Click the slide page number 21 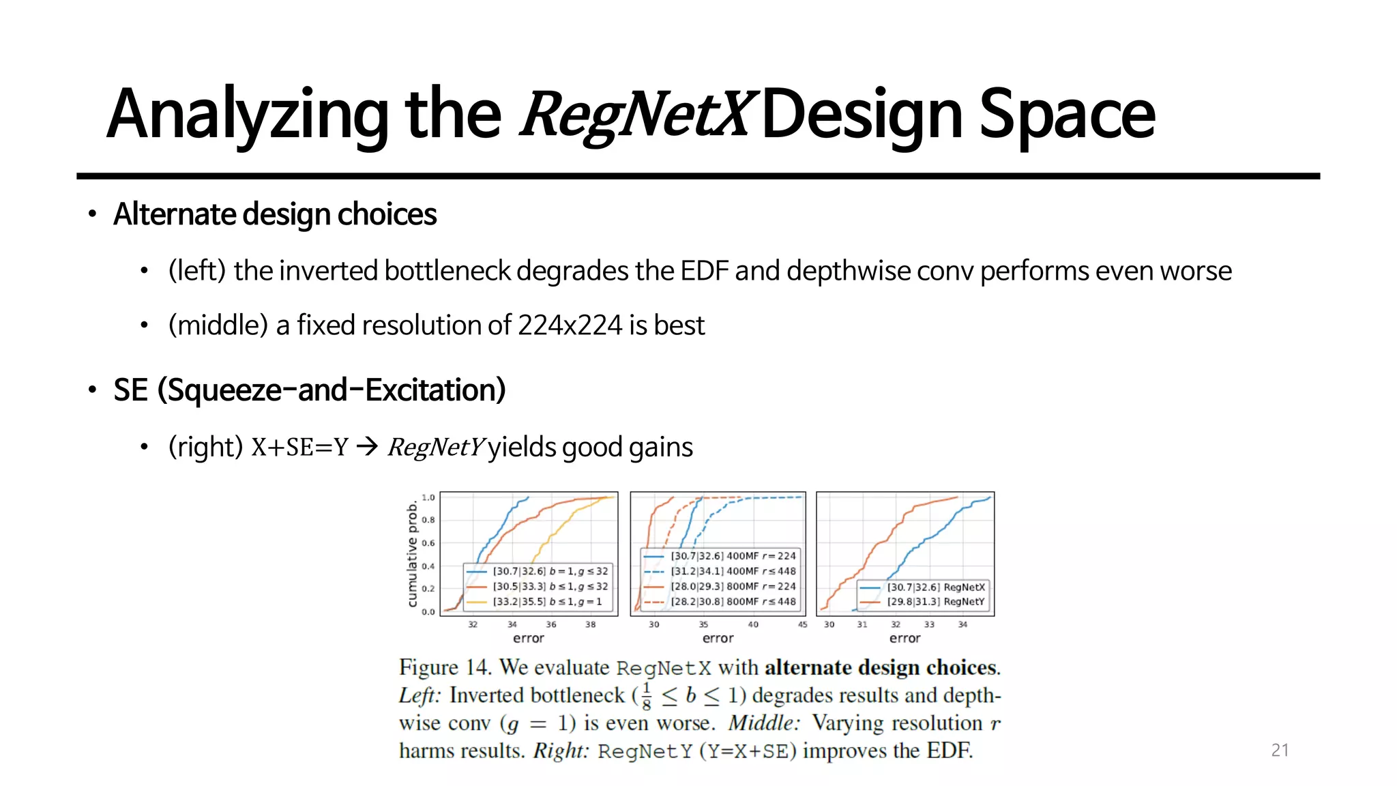tap(1280, 750)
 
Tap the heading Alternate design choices tap(275, 214)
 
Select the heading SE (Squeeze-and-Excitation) tap(309, 390)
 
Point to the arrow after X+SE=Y tap(367, 448)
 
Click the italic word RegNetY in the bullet tap(435, 448)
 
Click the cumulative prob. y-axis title tap(411, 554)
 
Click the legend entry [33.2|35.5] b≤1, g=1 tap(547, 602)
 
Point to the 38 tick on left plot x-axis tap(591, 624)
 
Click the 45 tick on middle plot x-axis tap(802, 624)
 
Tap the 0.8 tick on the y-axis tap(428, 520)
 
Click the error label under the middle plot tap(718, 639)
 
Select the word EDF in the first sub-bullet tap(704, 271)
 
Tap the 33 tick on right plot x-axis tap(929, 624)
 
